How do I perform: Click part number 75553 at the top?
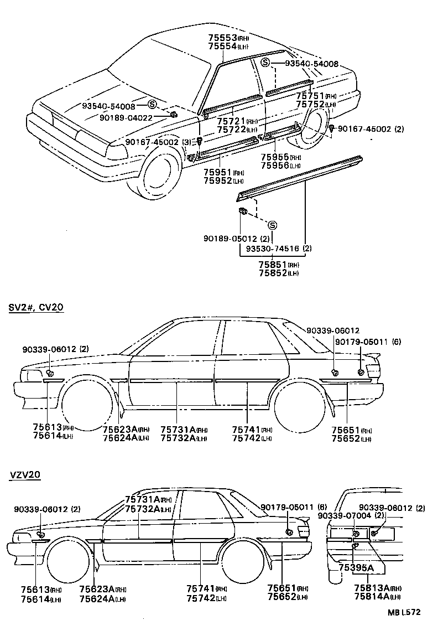[x=223, y=38]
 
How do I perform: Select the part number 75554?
[x=223, y=46]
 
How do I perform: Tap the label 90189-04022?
[x=126, y=117]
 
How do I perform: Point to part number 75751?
[x=310, y=96]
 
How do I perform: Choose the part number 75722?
[x=231, y=130]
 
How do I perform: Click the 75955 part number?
[x=275, y=157]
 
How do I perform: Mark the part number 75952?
[x=217, y=180]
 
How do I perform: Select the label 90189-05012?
[x=231, y=239]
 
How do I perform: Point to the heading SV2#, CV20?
[x=36, y=308]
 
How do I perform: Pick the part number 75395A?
[x=356, y=568]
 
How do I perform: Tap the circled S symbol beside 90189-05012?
[x=272, y=225]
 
